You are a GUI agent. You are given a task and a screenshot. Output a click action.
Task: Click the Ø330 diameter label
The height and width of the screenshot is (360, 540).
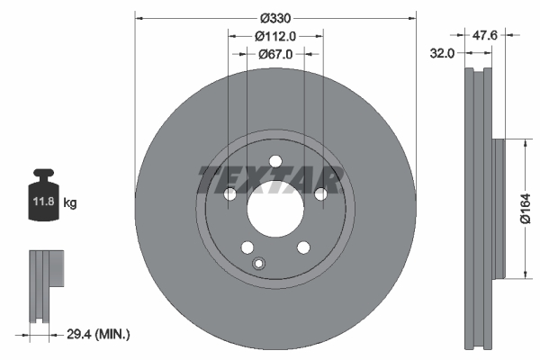[275, 18]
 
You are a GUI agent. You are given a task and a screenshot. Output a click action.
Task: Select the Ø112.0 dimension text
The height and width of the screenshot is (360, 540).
[275, 36]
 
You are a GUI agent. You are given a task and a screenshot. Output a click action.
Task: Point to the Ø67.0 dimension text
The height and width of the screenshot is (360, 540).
[275, 54]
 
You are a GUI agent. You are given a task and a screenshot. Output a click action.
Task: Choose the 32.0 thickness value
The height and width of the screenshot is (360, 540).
[442, 54]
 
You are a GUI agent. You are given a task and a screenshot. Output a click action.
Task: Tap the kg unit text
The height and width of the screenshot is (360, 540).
[71, 203]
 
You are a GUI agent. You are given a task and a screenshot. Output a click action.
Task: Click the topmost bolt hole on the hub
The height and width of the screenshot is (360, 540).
[274, 161]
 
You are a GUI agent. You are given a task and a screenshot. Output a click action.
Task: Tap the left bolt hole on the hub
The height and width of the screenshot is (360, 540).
[229, 194]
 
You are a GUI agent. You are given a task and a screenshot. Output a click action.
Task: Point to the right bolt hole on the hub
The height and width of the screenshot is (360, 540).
[320, 194]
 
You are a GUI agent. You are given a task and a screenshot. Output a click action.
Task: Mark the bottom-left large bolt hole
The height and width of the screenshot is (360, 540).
[247, 248]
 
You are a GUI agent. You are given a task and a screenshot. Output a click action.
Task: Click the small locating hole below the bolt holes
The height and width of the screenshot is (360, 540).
[259, 264]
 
